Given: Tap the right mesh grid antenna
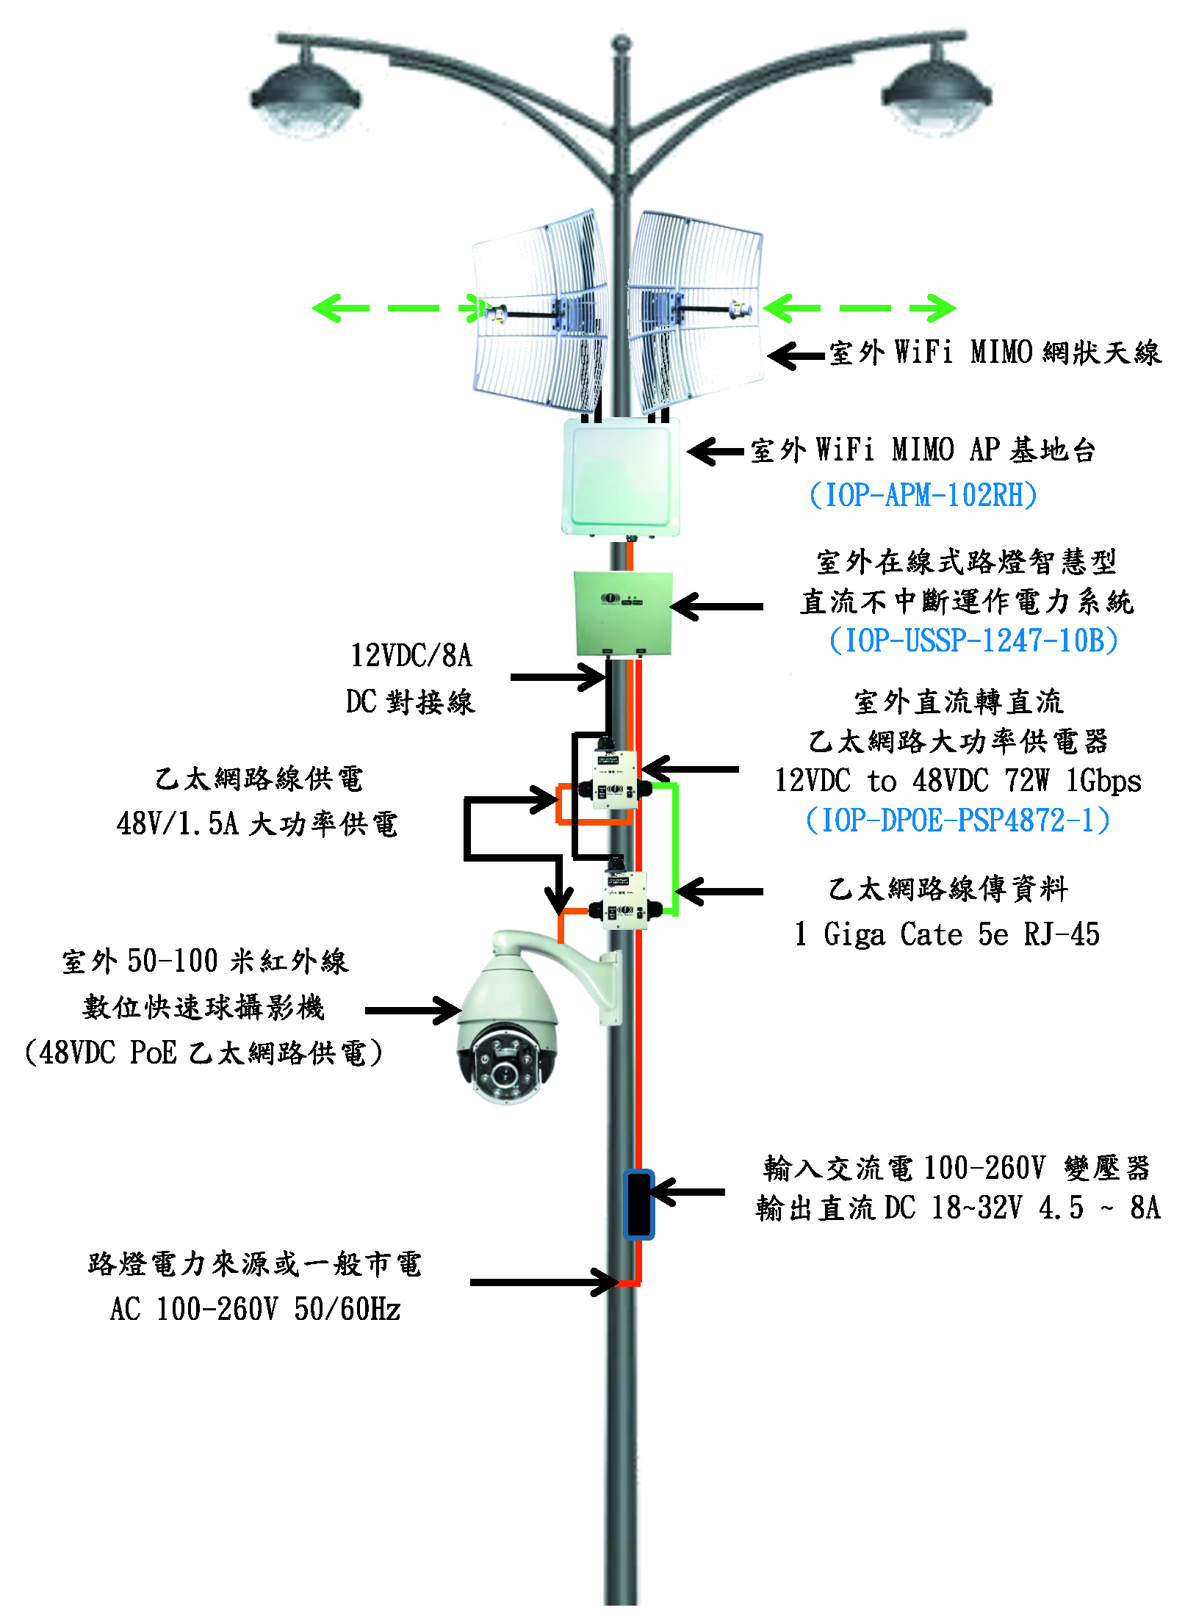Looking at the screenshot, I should tap(694, 312).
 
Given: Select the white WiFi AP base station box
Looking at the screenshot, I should tap(619, 476).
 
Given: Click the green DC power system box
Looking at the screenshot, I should tap(623, 613).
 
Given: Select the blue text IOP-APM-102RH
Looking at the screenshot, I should tap(923, 495).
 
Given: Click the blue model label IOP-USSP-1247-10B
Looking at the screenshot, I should tap(973, 640).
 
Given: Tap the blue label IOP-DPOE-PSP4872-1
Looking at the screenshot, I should tap(957, 820).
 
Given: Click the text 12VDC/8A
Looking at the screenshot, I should tap(411, 655).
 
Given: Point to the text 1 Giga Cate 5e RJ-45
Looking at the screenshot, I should tap(947, 934).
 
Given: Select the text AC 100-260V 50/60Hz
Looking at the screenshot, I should tap(255, 1309).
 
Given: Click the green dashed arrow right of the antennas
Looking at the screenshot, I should tap(860, 308).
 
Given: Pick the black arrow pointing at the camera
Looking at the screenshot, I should tap(412, 1011).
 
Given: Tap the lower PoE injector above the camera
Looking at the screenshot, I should tap(624, 901).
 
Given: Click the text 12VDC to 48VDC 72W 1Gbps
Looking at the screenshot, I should tap(957, 780).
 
